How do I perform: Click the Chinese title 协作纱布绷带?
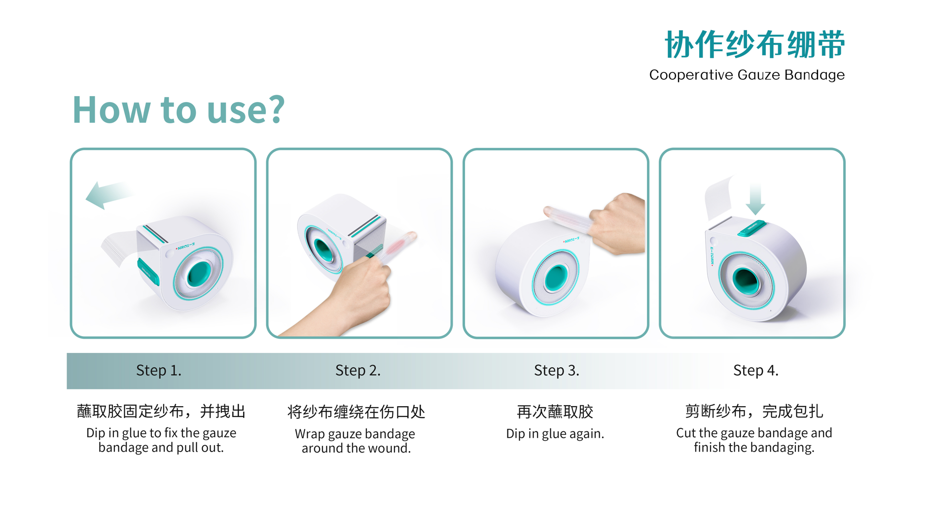click(754, 44)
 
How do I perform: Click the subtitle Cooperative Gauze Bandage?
click(747, 75)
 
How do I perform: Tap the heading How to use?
click(179, 109)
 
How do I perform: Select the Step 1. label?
click(159, 370)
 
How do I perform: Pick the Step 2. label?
click(358, 370)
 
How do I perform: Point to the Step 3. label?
click(557, 370)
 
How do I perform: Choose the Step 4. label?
click(755, 370)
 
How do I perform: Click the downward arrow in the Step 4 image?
click(755, 200)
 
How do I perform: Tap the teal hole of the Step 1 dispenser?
click(199, 274)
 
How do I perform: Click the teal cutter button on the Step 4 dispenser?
click(751, 228)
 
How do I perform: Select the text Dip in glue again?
click(555, 434)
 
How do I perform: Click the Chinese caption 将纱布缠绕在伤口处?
click(356, 412)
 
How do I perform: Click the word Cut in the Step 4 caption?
click(685, 433)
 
